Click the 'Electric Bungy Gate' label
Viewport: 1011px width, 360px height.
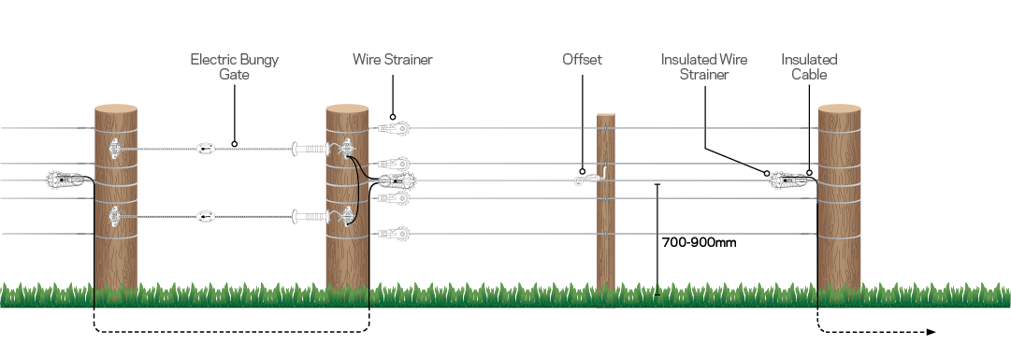[234, 66]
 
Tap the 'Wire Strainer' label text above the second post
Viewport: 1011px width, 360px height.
[392, 60]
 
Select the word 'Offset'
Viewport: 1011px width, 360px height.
[582, 60]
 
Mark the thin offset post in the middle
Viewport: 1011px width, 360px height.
[606, 224]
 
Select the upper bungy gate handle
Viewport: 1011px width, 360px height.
[312, 148]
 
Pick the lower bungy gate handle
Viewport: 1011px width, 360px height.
[312, 219]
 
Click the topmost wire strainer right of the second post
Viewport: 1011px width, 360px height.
[396, 127]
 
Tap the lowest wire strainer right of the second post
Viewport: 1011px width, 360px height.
[396, 233]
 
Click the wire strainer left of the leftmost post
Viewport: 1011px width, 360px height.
[65, 179]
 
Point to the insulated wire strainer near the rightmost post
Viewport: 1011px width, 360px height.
[788, 180]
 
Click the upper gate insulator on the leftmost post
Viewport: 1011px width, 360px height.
[115, 148]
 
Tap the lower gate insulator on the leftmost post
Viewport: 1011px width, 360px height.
[115, 218]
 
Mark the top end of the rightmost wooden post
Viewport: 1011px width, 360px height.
[839, 110]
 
